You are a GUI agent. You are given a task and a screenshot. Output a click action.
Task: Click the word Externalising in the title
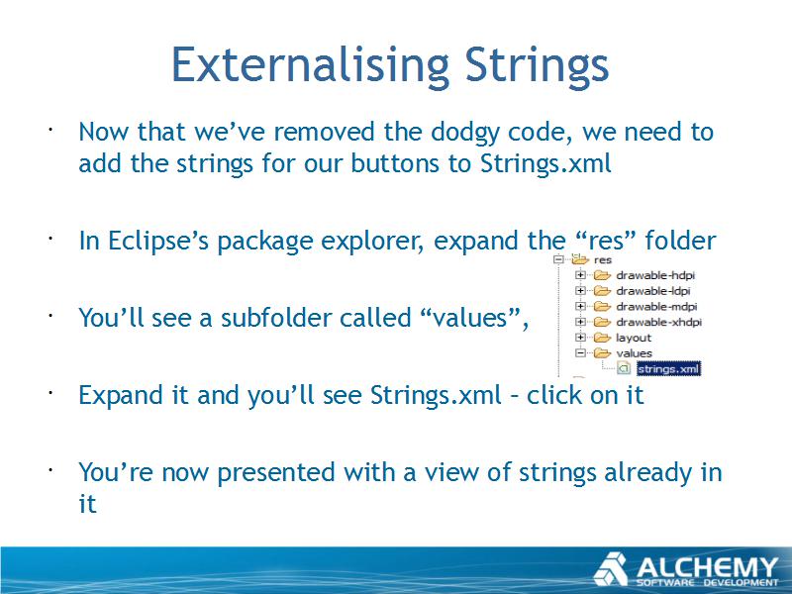click(x=310, y=64)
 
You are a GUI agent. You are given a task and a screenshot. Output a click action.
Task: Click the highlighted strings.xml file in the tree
click(x=668, y=368)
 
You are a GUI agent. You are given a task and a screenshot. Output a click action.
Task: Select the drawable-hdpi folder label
click(x=655, y=275)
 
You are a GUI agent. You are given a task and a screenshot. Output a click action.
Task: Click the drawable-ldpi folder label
click(x=653, y=291)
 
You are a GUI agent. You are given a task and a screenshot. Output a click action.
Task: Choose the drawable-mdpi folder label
click(x=656, y=307)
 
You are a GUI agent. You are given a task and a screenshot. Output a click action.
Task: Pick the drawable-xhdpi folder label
click(x=659, y=323)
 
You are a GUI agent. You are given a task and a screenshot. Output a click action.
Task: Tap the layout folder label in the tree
click(x=634, y=338)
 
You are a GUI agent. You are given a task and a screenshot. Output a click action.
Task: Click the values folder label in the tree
click(x=634, y=353)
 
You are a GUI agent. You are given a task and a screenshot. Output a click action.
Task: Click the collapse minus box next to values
click(x=580, y=353)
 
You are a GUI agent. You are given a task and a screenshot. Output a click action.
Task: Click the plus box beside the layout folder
click(x=580, y=338)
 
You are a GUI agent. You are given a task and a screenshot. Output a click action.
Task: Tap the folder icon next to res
click(x=580, y=259)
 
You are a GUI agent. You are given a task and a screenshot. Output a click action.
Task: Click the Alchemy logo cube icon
click(x=611, y=569)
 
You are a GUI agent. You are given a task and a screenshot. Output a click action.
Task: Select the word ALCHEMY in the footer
click(x=707, y=566)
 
